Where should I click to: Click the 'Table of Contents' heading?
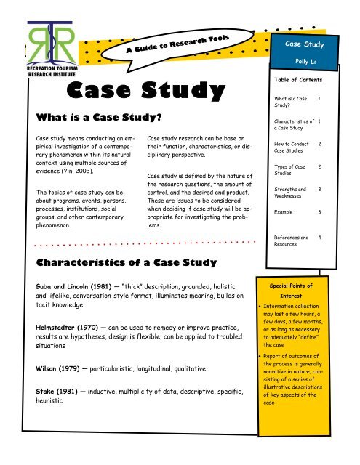pos(303,83)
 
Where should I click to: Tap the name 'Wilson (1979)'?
pos(40,369)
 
